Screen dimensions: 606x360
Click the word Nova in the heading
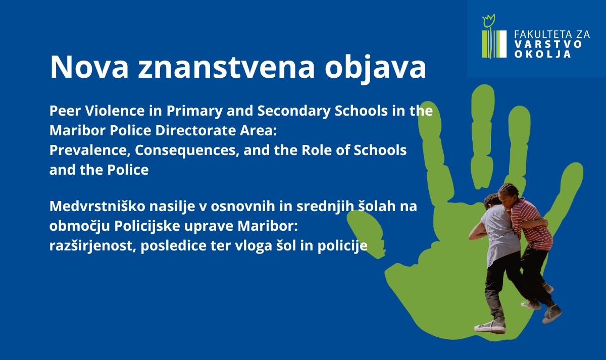pyautogui.click(x=89, y=67)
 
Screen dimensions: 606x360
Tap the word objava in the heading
pyautogui.click(x=376, y=68)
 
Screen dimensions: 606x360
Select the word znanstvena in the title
pyautogui.click(x=227, y=68)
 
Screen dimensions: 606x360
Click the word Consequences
pyautogui.click(x=187, y=151)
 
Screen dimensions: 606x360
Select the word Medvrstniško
pyautogui.click(x=97, y=206)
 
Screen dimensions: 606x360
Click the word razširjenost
pyautogui.click(x=92, y=246)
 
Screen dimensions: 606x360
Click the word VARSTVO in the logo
pyautogui.click(x=548, y=44)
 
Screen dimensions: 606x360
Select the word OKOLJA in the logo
pyautogui.click(x=543, y=54)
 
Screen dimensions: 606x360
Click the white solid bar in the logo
pyautogui.click(x=501, y=44)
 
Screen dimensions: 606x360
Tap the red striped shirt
pyautogui.click(x=532, y=225)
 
